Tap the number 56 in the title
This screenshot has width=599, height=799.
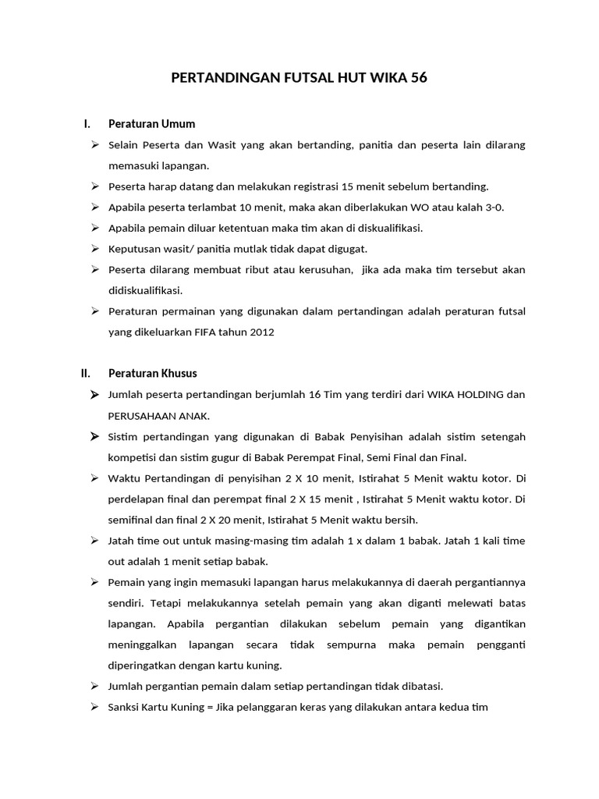point(418,79)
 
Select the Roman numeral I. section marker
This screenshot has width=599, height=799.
point(87,124)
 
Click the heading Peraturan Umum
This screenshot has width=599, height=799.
point(152,124)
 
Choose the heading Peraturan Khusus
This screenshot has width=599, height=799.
point(153,374)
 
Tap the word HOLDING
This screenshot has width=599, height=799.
point(480,395)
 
